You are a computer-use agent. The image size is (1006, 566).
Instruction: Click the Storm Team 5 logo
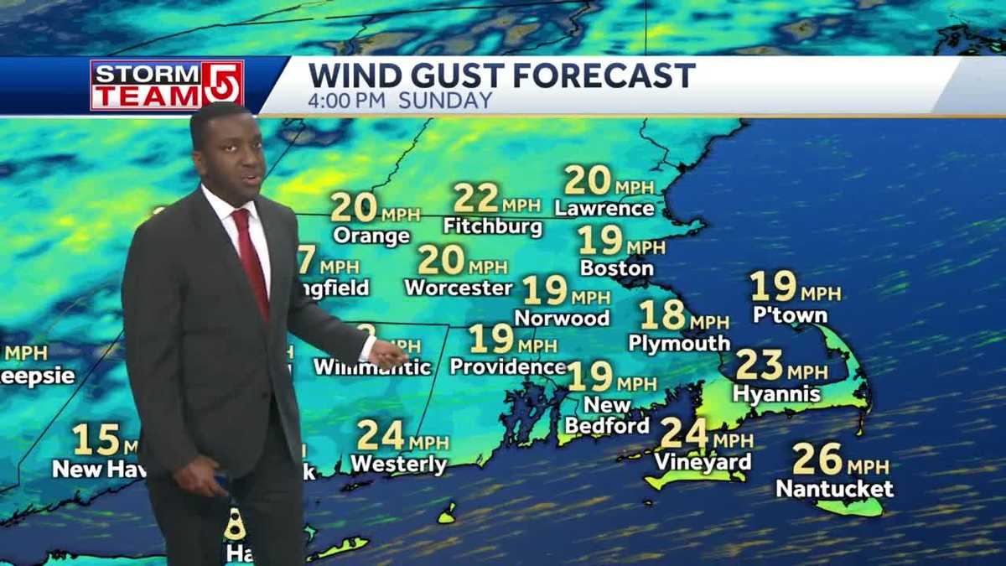pos(167,85)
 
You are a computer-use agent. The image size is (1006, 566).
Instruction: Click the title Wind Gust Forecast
pos(501,75)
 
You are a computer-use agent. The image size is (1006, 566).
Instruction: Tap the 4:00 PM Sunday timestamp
pos(400,101)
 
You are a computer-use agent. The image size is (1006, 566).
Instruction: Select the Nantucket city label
pos(834,488)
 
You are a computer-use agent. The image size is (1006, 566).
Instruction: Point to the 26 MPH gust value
pos(841,460)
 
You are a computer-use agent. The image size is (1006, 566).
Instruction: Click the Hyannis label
pos(776,393)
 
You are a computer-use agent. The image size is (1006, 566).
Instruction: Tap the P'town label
pos(790,315)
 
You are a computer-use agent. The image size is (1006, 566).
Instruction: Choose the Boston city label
pos(616,268)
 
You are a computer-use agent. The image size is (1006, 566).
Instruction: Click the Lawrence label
pos(604,208)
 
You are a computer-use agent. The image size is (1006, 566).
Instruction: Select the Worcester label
pos(458,288)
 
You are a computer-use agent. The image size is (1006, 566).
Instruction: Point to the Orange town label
pos(371,236)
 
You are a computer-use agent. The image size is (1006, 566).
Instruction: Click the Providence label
pos(508,366)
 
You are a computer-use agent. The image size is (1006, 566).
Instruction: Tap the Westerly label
pos(398,464)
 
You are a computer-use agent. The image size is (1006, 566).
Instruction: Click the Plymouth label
pos(679,343)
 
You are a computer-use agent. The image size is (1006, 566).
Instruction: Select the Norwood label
pos(562,318)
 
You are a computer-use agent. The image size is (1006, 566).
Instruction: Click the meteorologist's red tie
pos(251,260)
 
